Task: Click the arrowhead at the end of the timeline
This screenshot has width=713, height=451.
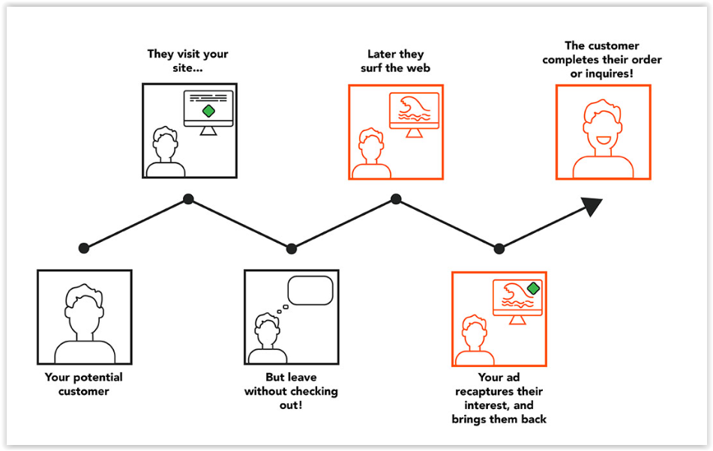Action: tap(592, 206)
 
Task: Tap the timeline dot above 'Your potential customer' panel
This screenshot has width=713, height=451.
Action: tap(84, 248)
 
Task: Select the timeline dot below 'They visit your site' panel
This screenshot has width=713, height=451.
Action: tap(188, 199)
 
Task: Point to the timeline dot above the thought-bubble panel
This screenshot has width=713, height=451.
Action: tap(292, 249)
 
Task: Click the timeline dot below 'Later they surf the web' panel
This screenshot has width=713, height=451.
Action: tap(396, 199)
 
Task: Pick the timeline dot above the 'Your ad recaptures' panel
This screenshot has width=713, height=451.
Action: tap(499, 249)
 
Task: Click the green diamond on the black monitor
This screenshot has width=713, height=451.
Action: tap(208, 111)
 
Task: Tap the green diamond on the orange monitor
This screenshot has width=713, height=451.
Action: tap(533, 288)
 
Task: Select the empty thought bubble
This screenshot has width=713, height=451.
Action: tap(310, 290)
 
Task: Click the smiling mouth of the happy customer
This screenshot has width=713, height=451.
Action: tap(603, 140)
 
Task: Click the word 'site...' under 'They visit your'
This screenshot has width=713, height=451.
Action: tap(187, 68)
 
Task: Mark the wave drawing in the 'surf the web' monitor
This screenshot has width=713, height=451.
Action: tap(414, 109)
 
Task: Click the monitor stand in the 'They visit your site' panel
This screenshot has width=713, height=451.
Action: tap(208, 131)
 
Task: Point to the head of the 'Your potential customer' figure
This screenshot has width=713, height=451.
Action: tap(84, 309)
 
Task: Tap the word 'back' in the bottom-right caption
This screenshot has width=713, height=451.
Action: tap(534, 420)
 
